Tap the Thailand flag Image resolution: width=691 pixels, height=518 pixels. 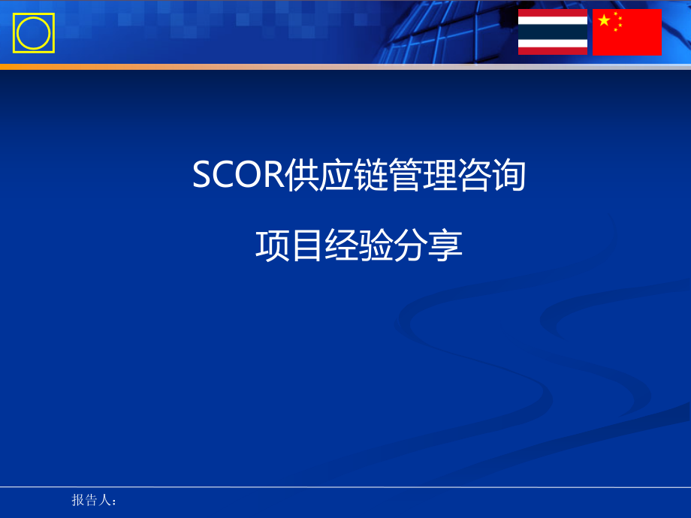coord(553,32)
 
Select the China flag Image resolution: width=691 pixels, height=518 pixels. coord(626,32)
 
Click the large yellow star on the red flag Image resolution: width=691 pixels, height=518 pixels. coord(604,20)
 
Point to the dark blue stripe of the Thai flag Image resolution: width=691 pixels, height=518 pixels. coord(553,32)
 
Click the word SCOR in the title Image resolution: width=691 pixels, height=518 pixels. coord(238,175)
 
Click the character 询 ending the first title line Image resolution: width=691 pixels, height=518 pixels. coord(509,175)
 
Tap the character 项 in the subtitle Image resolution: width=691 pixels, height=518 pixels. coord(273,245)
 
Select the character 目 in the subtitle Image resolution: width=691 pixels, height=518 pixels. coord(307,245)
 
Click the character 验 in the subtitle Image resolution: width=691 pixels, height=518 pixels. coord(376,245)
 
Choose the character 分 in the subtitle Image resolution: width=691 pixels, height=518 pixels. coord(411,245)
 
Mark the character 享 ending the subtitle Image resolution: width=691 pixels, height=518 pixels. coord(445,245)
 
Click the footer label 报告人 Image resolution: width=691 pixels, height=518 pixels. coord(91,500)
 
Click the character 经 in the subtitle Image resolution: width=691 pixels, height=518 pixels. coord(342,245)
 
